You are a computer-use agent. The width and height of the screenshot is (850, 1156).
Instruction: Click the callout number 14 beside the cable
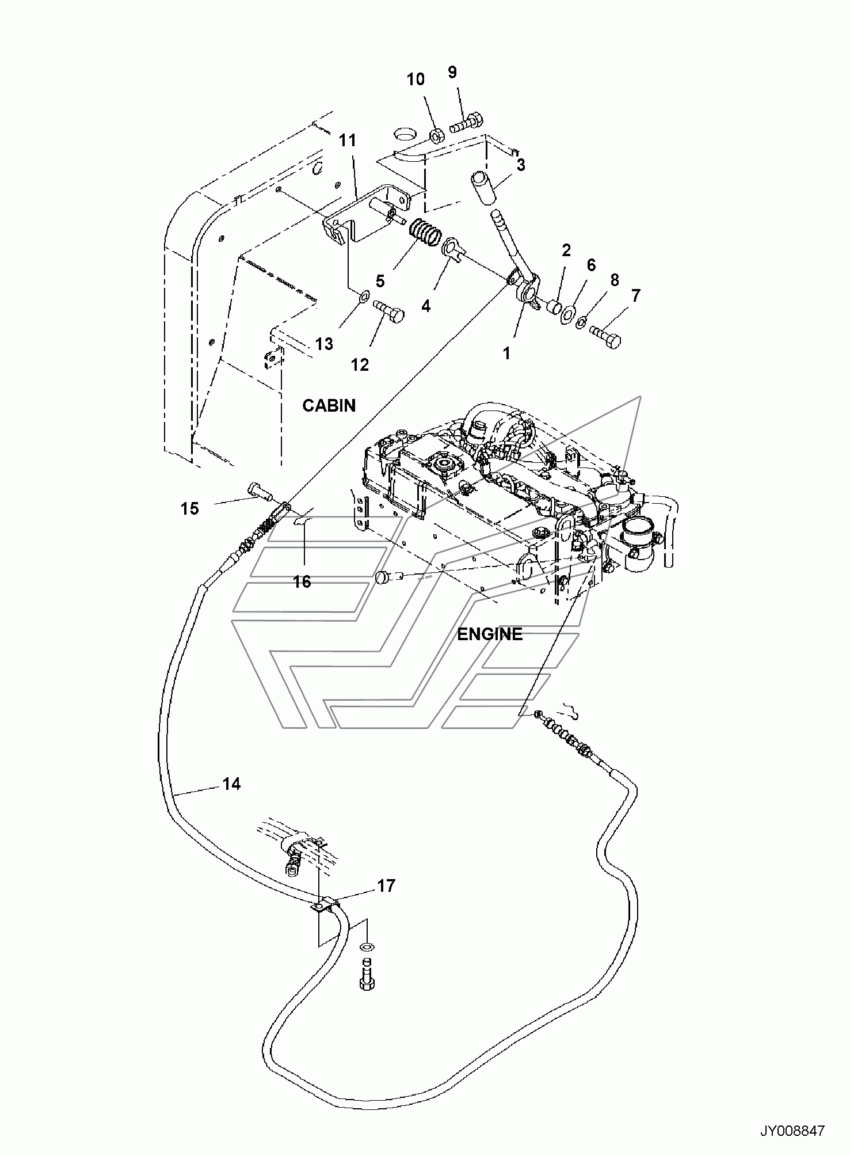click(231, 784)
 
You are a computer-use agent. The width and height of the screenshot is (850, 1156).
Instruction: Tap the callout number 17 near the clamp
click(386, 885)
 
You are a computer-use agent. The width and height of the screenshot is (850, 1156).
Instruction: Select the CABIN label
click(329, 406)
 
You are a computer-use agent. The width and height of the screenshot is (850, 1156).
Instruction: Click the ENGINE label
click(490, 634)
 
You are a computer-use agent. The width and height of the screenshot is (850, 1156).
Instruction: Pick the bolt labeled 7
click(605, 336)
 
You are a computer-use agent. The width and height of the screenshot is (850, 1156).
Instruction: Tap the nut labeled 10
click(436, 136)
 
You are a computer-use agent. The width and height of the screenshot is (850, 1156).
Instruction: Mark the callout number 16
click(302, 582)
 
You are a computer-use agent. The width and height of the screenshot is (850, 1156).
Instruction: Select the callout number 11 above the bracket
click(347, 141)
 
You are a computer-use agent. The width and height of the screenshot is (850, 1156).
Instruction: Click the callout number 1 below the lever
click(506, 353)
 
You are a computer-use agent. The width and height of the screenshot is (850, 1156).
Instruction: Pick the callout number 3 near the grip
click(520, 165)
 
